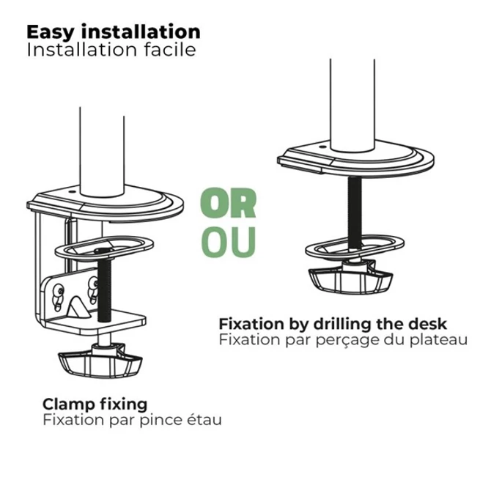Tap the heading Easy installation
(x=114, y=32)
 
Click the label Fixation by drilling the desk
(x=332, y=323)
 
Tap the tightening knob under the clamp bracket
(x=98, y=361)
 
